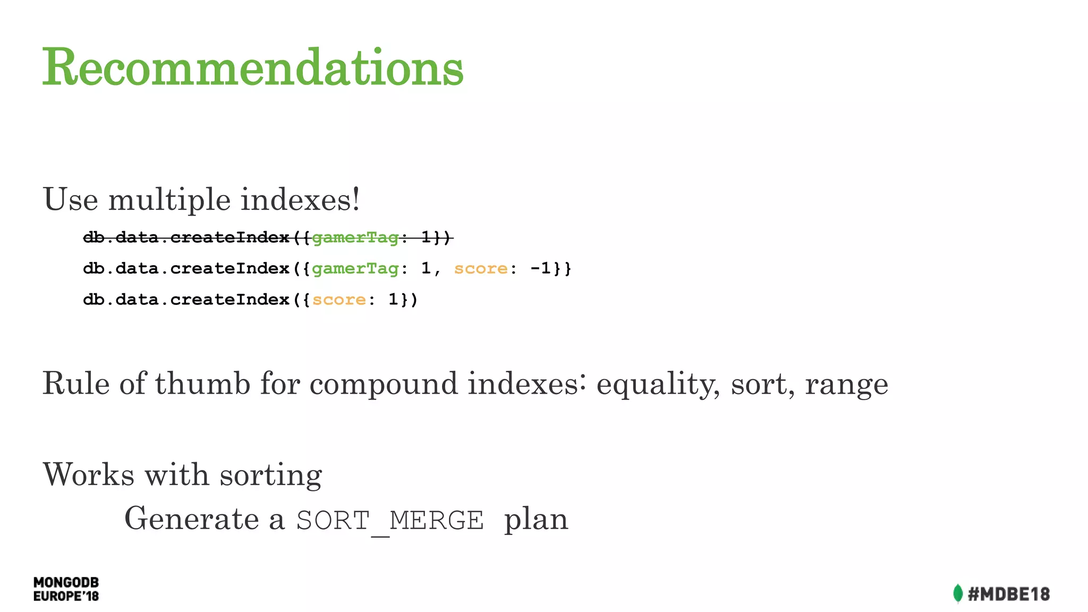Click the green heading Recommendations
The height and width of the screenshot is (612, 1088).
[x=253, y=67]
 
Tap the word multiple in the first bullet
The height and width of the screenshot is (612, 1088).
[x=169, y=200]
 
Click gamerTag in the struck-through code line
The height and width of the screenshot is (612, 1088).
[x=355, y=237]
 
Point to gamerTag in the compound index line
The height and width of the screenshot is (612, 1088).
[x=355, y=269]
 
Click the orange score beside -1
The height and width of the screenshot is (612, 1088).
[x=481, y=269]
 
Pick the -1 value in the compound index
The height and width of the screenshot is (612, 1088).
[x=540, y=268]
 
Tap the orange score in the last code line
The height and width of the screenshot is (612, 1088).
[x=339, y=300]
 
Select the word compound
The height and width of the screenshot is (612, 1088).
[x=383, y=384]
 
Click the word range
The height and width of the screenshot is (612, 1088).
[x=846, y=384]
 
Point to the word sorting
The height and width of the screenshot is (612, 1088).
[x=271, y=475]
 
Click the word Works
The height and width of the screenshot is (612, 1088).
[x=88, y=474]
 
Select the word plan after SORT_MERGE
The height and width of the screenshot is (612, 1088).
[x=535, y=520]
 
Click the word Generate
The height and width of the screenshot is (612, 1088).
[x=192, y=519]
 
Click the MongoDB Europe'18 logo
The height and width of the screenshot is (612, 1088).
[x=66, y=589]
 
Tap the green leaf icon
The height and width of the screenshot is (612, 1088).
[x=957, y=593]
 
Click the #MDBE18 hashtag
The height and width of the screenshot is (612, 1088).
[x=1008, y=594]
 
